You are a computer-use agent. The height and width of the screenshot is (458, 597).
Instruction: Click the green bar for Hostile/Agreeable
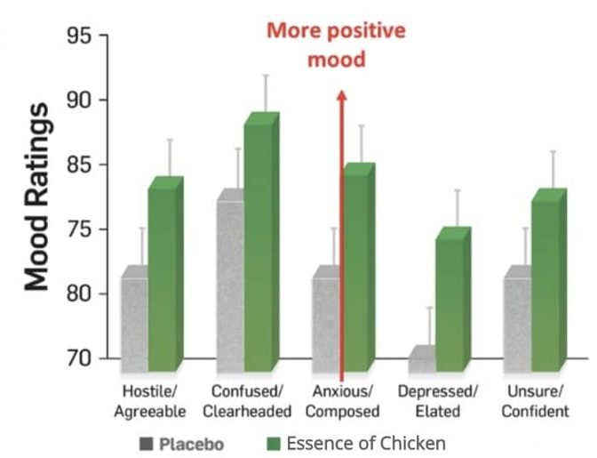165,274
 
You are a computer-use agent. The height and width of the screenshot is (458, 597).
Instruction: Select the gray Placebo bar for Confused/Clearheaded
230,282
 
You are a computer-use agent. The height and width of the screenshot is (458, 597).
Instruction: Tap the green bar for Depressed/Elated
453,300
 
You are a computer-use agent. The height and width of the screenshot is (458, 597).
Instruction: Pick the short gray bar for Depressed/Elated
422,359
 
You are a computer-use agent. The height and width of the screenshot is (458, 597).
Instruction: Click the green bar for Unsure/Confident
549,280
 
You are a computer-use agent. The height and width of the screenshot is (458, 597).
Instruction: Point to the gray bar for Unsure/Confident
517,319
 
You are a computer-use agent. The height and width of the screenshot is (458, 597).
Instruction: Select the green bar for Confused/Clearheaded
261,242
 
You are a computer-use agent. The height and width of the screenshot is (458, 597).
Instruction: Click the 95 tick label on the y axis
79,36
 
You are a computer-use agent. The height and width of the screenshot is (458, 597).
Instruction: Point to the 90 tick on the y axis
79,100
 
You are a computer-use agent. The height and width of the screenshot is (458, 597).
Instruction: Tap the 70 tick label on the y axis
79,358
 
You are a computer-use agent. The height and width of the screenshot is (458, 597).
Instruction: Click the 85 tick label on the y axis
79,165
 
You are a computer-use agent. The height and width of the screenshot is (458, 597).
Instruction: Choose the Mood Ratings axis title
37,197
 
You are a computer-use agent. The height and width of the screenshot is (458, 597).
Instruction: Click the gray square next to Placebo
147,444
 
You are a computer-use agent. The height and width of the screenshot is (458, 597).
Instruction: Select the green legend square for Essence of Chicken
274,444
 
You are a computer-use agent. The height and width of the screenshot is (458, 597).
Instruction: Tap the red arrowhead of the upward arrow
341,95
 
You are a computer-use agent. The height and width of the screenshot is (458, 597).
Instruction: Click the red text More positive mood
336,45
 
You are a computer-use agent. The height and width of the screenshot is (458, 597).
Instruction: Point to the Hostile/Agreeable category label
150,401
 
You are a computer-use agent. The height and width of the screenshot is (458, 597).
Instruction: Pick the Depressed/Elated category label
438,401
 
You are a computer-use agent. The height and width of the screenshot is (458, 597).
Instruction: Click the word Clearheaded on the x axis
247,412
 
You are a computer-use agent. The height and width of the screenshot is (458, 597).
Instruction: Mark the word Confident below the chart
536,412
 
